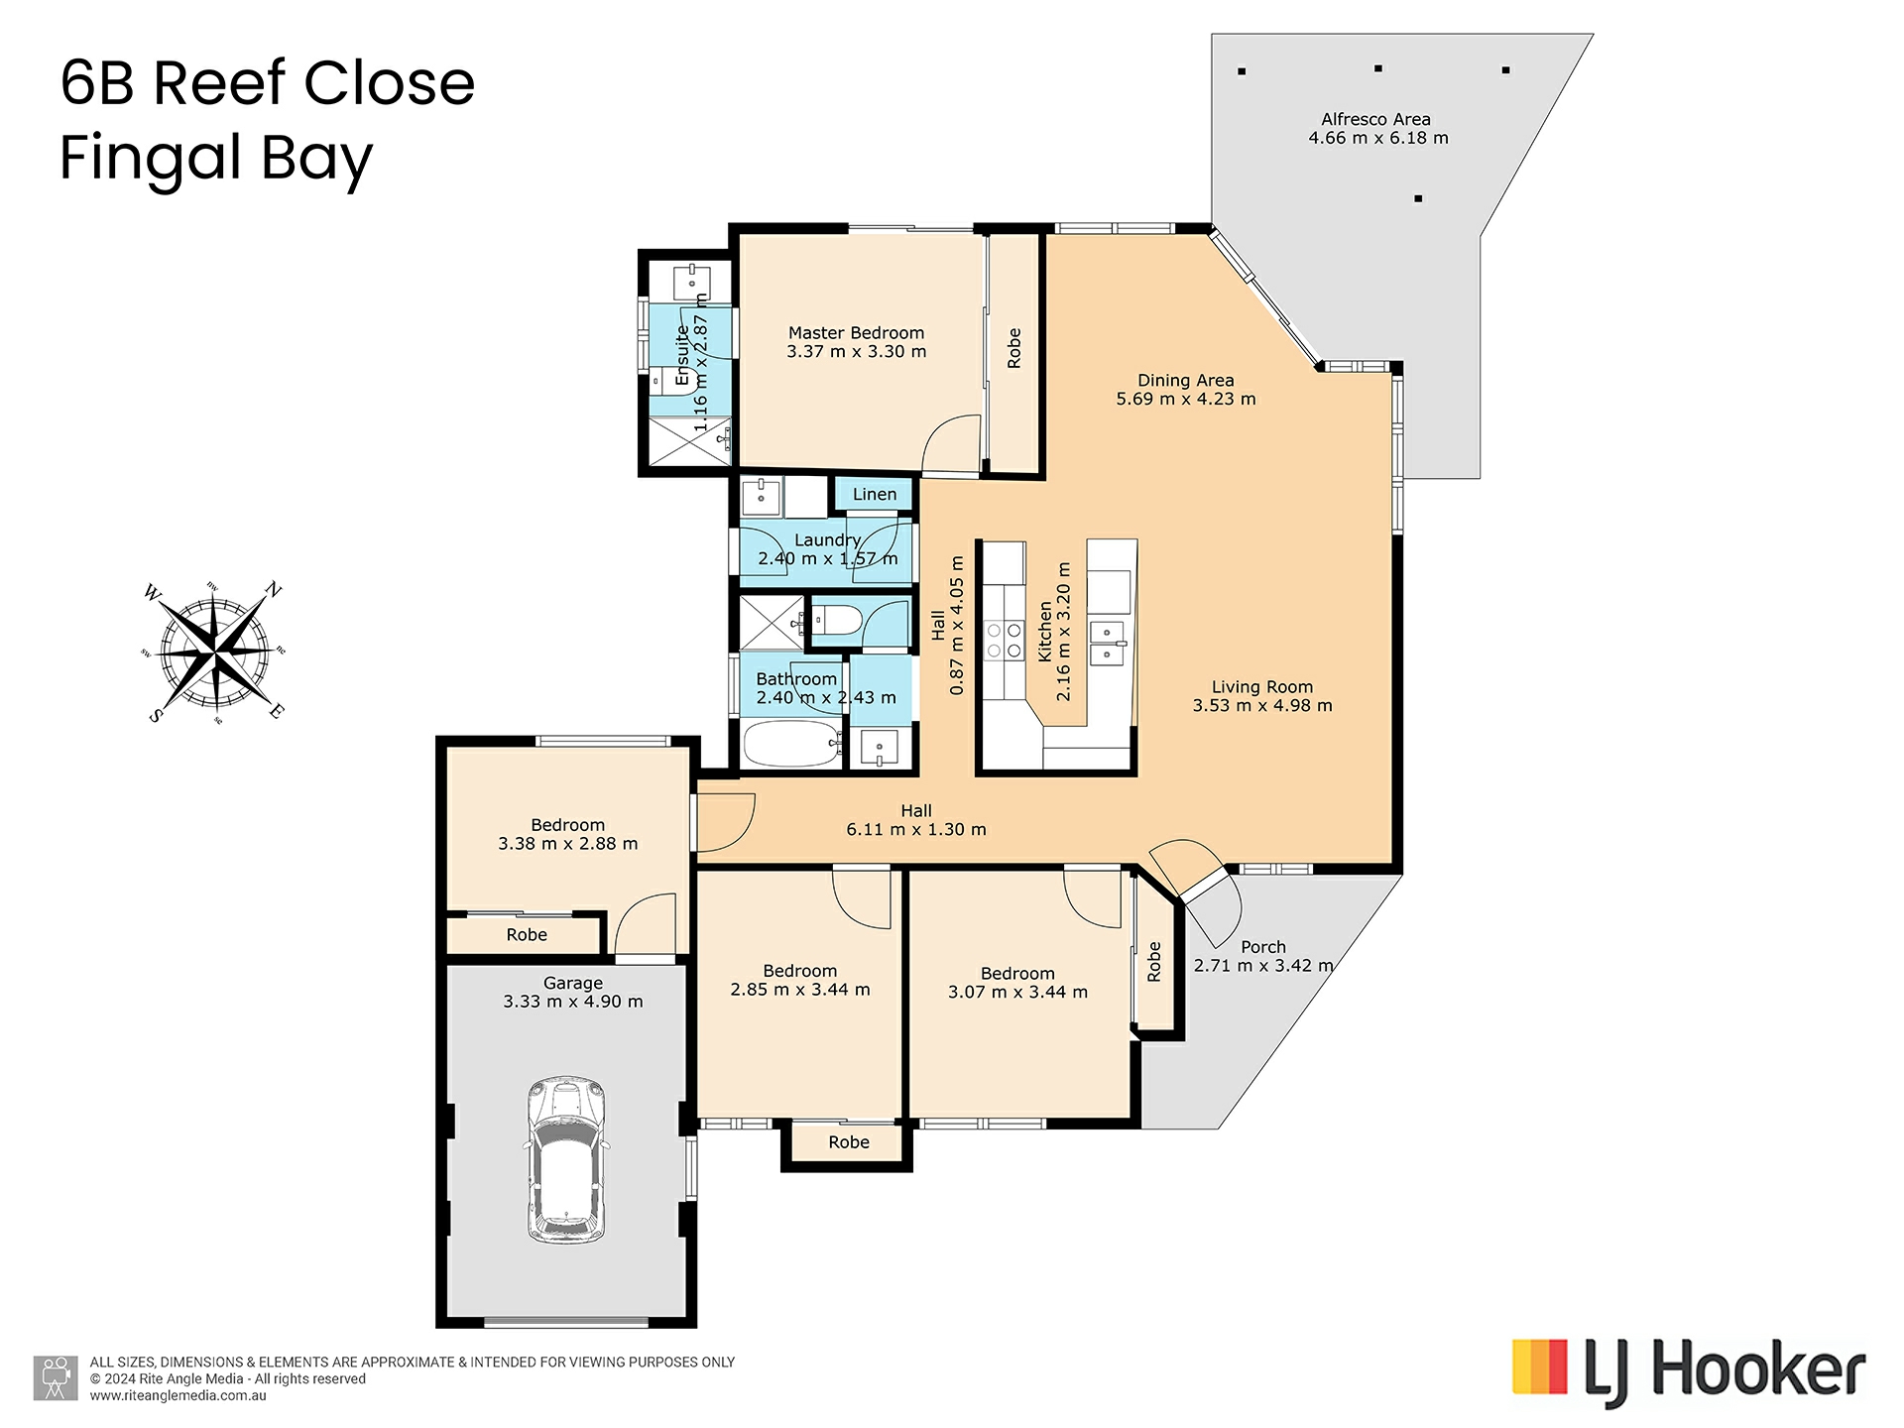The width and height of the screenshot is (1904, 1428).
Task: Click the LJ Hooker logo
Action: coord(1689,1371)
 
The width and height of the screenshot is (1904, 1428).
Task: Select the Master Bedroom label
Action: coord(856,333)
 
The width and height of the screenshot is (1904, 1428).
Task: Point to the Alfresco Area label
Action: coord(1375,120)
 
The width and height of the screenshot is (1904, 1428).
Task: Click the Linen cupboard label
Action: coord(875,494)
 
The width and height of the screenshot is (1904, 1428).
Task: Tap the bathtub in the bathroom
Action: coord(792,744)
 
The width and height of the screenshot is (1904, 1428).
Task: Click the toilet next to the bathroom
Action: coord(837,622)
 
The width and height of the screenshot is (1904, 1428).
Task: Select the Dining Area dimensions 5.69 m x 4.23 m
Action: coord(1186,399)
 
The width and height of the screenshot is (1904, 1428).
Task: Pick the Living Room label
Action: coord(1261,687)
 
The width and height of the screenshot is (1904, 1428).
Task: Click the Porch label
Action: coord(1262,947)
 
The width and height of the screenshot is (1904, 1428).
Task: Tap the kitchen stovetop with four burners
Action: coord(1004,641)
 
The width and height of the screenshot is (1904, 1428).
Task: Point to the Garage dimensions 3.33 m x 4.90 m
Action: coord(573,1002)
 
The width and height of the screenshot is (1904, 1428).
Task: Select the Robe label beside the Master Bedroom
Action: coord(1013,348)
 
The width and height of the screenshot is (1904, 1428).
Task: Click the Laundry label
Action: coord(827,540)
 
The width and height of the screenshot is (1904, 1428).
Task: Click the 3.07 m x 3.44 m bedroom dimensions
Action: coord(1017,992)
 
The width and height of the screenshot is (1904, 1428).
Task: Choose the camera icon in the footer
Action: coord(57,1378)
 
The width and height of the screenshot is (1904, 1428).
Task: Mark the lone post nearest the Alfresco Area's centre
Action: coord(1418,198)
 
